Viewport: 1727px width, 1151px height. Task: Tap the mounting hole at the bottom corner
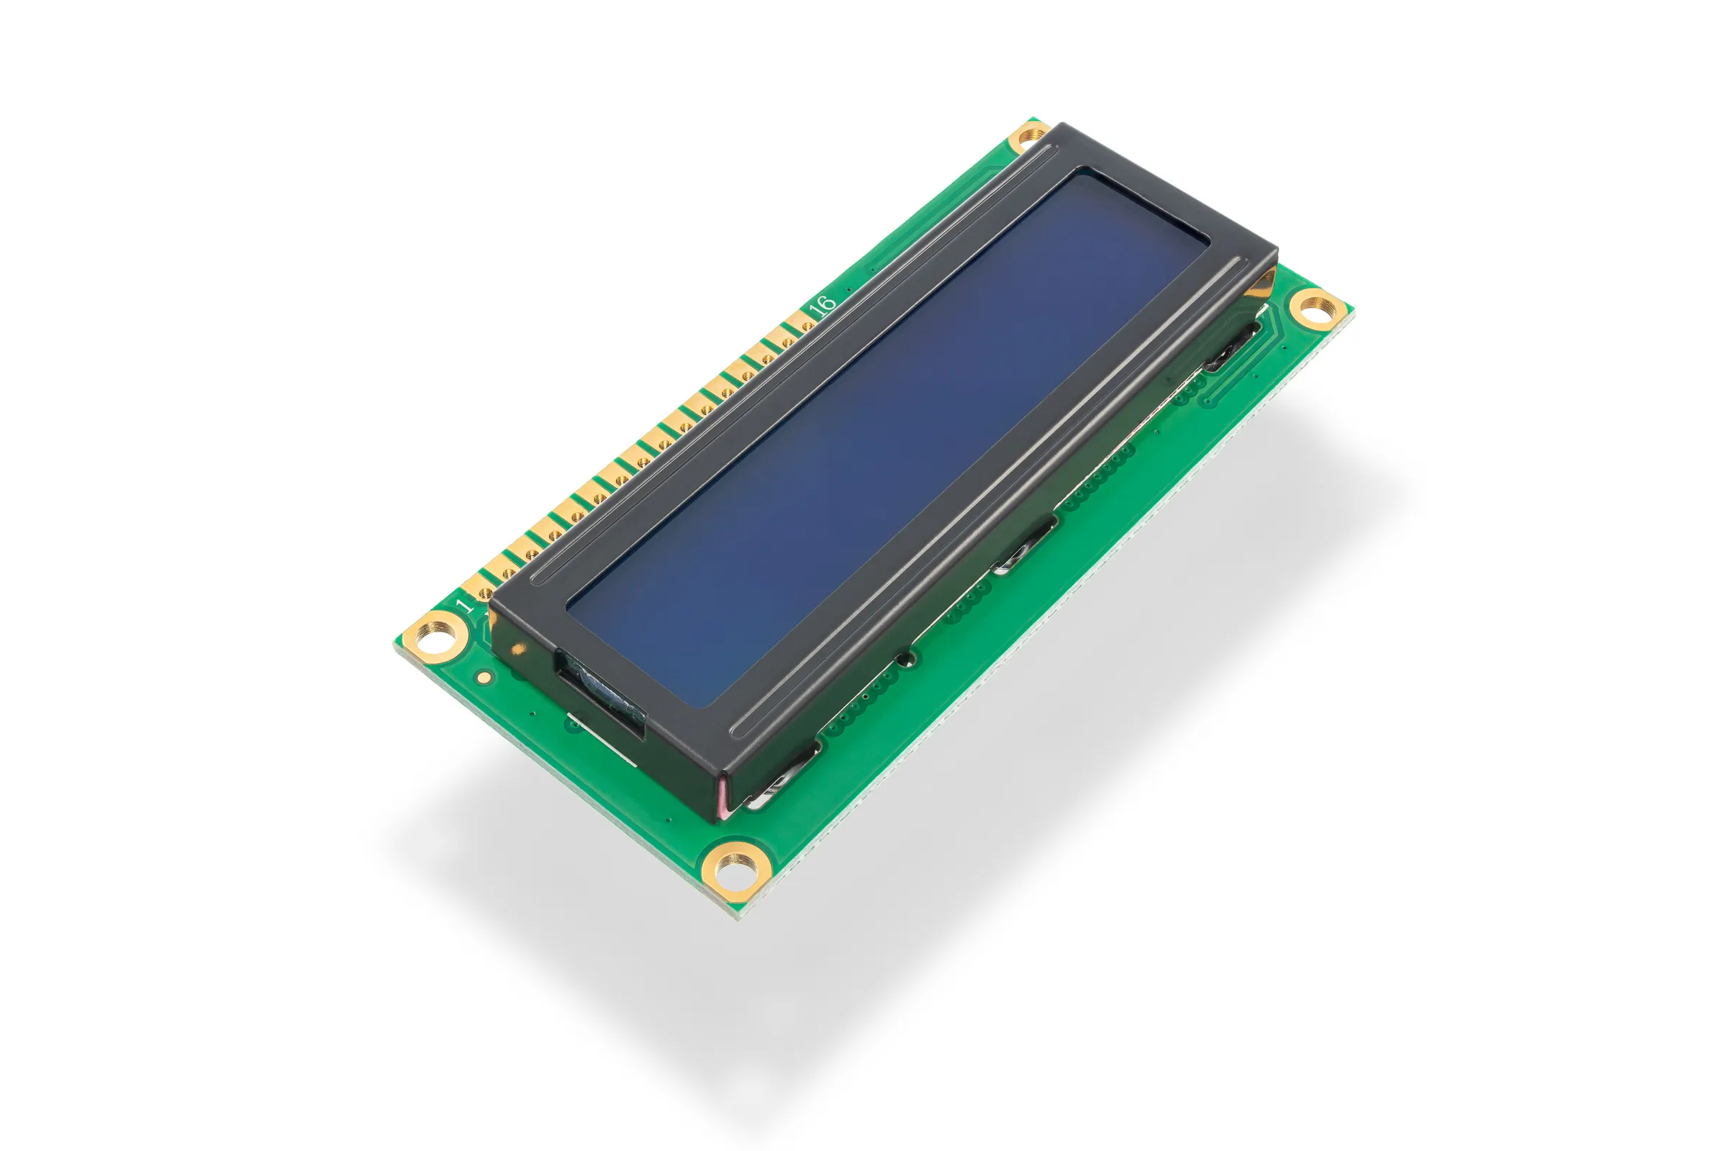[735, 870]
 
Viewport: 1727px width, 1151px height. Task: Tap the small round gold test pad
[484, 677]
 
